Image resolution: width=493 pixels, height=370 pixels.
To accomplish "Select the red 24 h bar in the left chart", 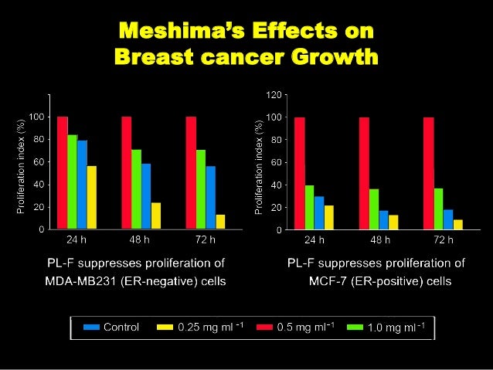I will coord(63,173).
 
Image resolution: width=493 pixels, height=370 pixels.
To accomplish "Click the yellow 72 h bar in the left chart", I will coord(221,222).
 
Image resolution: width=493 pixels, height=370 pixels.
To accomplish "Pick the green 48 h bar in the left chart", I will coord(136,189).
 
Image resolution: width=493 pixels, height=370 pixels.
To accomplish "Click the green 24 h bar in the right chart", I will coord(309,207).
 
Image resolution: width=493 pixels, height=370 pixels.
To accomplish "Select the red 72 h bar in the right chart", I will coord(428,173).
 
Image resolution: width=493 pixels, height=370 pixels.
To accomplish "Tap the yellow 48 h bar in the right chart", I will coord(393,222).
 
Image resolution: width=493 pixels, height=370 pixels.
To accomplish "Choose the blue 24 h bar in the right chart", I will coord(319,212).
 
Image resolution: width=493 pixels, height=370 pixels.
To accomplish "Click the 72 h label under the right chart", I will coord(443,239).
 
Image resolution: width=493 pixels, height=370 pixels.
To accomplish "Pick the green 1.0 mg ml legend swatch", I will coord(353,327).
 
